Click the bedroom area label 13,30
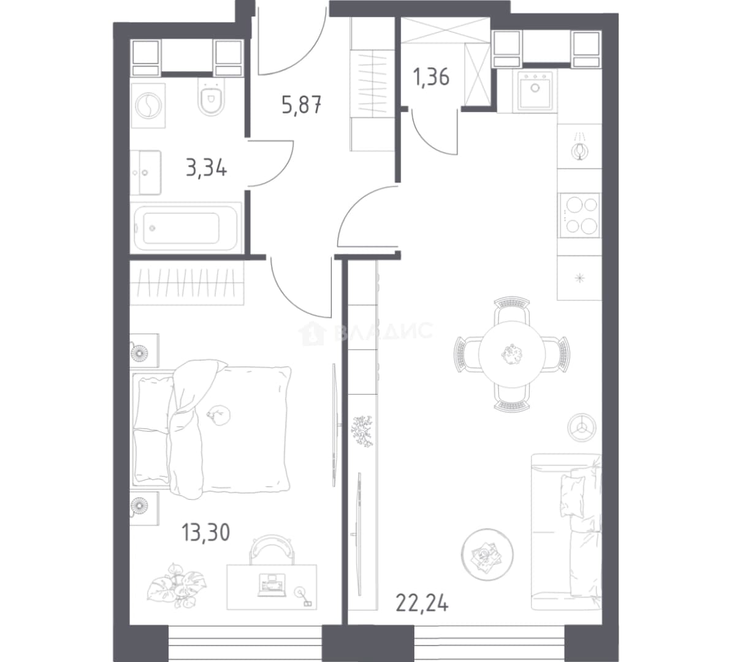pyautogui.click(x=206, y=532)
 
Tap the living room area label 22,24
pyautogui.click(x=422, y=603)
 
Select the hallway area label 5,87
pyautogui.click(x=301, y=105)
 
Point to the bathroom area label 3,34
pyautogui.click(x=207, y=167)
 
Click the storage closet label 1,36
pyautogui.click(x=431, y=77)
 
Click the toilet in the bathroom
pyautogui.click(x=211, y=96)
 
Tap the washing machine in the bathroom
pyautogui.click(x=148, y=105)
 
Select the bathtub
pyautogui.click(x=187, y=228)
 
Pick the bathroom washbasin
pyautogui.click(x=146, y=172)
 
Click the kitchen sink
pyautogui.click(x=535, y=91)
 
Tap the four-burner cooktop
pyautogui.click(x=581, y=215)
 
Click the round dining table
pyautogui.click(x=512, y=354)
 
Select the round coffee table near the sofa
pyautogui.click(x=487, y=555)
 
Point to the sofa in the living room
pyautogui.click(x=566, y=531)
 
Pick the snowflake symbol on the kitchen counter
pyautogui.click(x=580, y=278)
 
